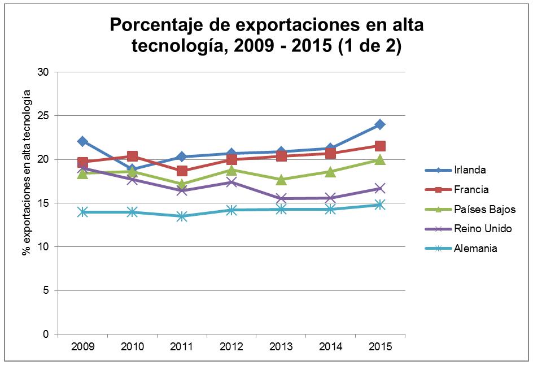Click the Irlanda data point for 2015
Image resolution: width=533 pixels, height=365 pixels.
pyautogui.click(x=380, y=124)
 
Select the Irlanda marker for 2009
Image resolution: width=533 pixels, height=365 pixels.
pyautogui.click(x=82, y=141)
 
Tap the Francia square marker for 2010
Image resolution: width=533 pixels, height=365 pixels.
pyautogui.click(x=132, y=157)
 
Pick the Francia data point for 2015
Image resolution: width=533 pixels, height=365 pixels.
pyautogui.click(x=380, y=146)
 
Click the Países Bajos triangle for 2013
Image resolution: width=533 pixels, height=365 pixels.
pyautogui.click(x=281, y=180)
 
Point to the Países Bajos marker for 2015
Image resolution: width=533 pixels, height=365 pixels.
pyautogui.click(x=380, y=160)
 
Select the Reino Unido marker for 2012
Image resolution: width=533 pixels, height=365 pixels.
pyautogui.click(x=231, y=182)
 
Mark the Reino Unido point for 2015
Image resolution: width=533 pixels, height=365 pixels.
pyautogui.click(x=380, y=189)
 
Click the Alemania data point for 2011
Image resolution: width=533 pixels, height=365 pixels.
pyautogui.click(x=182, y=216)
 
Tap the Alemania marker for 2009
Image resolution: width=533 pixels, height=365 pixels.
pyautogui.click(x=82, y=212)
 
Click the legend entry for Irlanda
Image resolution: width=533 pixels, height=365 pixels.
pyautogui.click(x=469, y=170)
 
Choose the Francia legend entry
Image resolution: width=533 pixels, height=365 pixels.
pyautogui.click(x=470, y=190)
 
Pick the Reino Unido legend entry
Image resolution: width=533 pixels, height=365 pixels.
pyautogui.click(x=482, y=229)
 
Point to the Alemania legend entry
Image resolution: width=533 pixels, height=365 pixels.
pyautogui.click(x=475, y=248)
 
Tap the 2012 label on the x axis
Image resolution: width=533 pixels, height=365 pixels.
pyautogui.click(x=231, y=346)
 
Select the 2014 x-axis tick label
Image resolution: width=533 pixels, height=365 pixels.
pyautogui.click(x=330, y=346)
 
